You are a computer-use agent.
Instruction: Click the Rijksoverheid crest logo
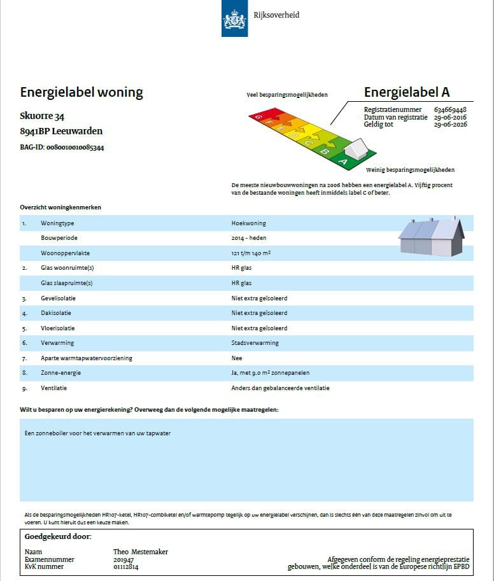point(234,18)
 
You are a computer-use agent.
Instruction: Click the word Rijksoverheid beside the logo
point(276,15)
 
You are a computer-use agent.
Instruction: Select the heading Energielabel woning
point(81,92)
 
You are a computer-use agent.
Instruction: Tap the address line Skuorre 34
point(42,116)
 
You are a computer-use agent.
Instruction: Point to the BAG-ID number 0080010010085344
point(75,148)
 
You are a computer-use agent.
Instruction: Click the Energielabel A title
point(407,92)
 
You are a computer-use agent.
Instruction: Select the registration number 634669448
point(450,109)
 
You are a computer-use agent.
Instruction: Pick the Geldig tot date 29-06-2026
point(450,125)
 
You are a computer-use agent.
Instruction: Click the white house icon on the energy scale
point(355,150)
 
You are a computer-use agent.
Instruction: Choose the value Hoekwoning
point(249,223)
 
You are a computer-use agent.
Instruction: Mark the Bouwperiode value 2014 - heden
point(249,238)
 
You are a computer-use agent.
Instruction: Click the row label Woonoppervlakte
point(65,253)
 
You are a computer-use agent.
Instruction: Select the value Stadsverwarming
point(255,343)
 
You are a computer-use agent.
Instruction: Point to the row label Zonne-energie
point(59,373)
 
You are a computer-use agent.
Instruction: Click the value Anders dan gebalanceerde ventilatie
point(281,388)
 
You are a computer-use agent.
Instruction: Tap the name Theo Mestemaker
point(141,552)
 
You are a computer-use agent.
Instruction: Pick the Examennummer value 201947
point(123,559)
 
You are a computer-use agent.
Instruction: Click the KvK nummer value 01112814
point(126,566)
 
